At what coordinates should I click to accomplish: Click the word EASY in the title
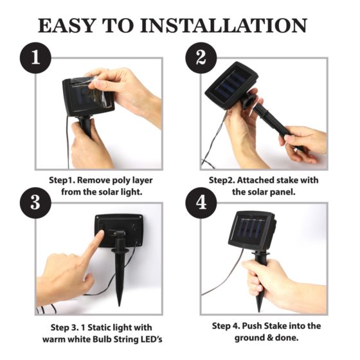(66, 25)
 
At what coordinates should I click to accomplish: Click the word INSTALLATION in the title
(224, 25)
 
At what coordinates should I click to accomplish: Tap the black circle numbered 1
(35, 58)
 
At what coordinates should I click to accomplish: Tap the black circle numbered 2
(201, 58)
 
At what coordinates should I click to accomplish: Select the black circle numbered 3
(35, 203)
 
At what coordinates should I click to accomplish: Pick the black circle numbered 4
(201, 203)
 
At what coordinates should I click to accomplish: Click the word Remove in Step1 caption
(94, 180)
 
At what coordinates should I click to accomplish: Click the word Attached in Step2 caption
(255, 180)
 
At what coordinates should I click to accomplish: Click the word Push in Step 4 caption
(252, 326)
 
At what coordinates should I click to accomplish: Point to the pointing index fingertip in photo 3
(100, 233)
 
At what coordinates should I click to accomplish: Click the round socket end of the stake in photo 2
(249, 100)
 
